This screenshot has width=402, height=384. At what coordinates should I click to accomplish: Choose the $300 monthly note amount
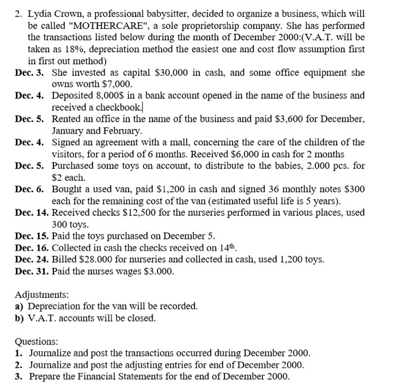tap(353, 189)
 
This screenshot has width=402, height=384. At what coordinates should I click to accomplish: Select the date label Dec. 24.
tap(32, 259)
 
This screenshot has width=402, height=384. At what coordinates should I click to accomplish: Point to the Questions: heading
tap(36, 340)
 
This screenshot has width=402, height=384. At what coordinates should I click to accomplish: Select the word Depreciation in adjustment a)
tap(55, 306)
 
